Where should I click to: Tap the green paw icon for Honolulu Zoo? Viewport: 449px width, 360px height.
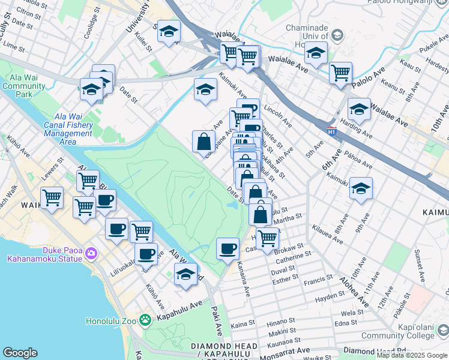coord(144,320)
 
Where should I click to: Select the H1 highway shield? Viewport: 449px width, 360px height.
coord(331,130)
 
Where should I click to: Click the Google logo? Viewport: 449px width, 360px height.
coord(20,353)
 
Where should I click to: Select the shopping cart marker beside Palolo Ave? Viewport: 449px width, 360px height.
coord(340,73)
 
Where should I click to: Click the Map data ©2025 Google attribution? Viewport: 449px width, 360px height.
coord(412,355)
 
